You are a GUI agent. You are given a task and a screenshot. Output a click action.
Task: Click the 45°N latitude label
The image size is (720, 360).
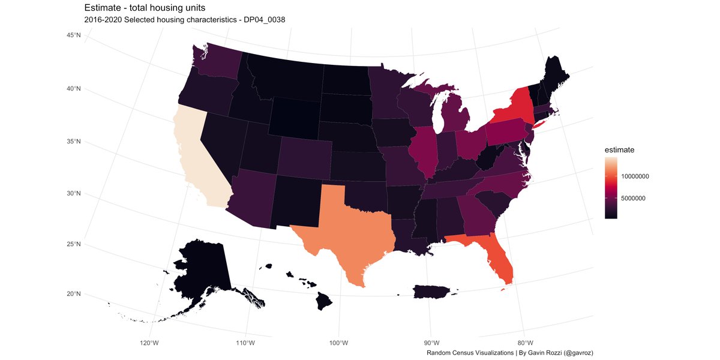coord(74,36)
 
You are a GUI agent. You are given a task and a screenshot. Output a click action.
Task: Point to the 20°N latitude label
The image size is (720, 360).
coord(74,294)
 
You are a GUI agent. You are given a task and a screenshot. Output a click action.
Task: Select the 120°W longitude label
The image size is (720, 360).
coord(149,343)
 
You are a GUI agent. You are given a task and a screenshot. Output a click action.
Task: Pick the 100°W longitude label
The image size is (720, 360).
coord(339,343)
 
